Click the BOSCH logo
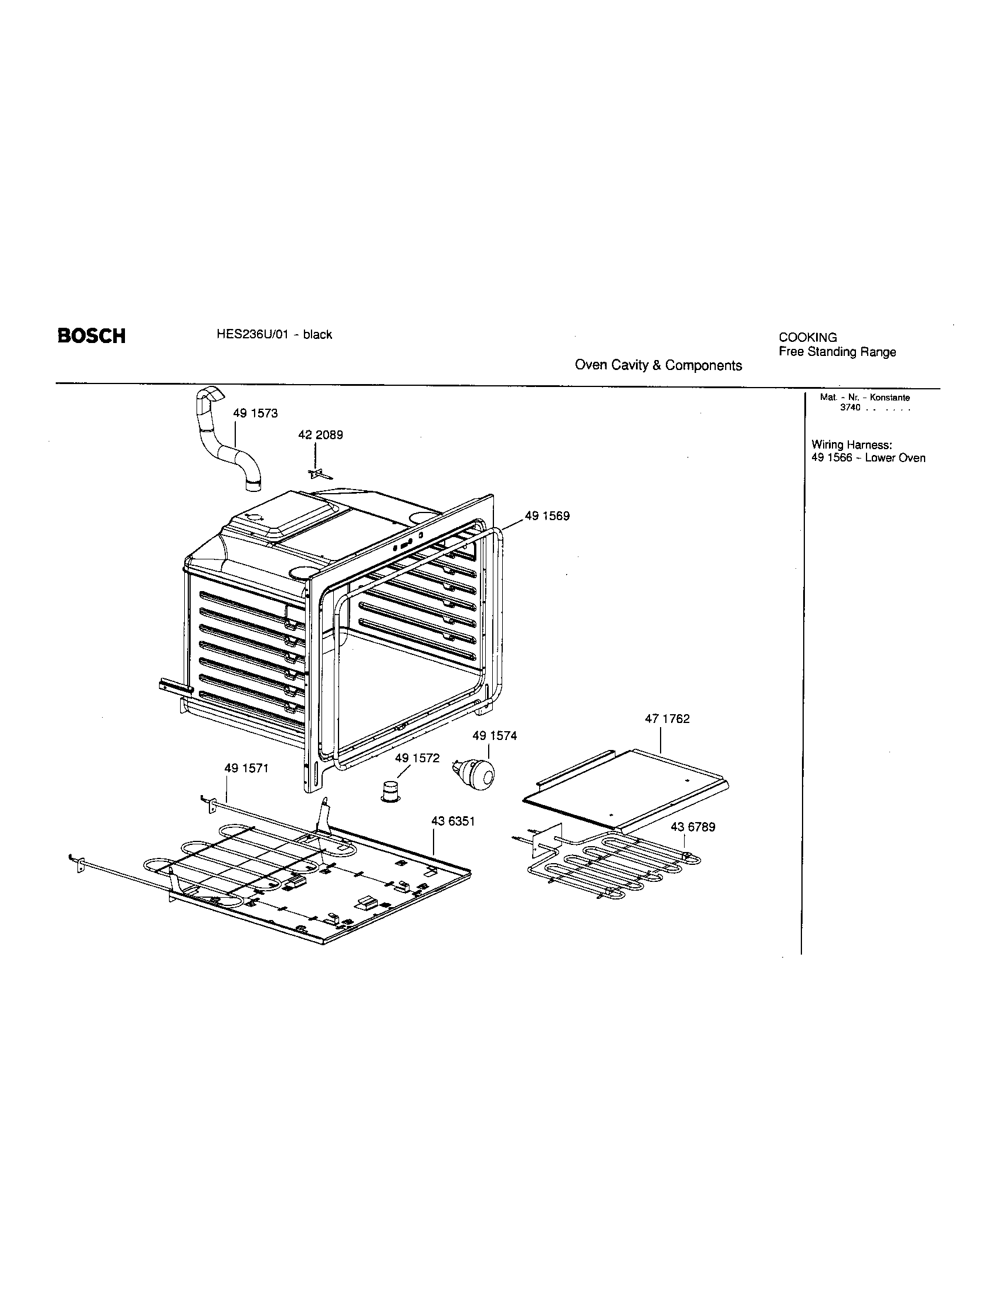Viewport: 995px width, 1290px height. tap(91, 336)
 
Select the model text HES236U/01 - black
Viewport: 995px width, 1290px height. tap(274, 335)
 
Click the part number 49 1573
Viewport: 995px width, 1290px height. tap(255, 413)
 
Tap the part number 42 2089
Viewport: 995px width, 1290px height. tap(320, 435)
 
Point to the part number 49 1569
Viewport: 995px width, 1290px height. tap(547, 516)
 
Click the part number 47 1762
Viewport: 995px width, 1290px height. tap(667, 719)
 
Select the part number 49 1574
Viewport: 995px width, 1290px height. tap(495, 736)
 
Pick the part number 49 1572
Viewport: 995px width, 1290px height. tap(417, 758)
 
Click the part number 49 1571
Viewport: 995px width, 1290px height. tap(246, 769)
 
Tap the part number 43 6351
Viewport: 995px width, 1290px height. tap(453, 821)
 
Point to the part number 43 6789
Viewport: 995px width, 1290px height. tap(692, 827)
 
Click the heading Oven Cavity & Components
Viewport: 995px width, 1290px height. tap(658, 366)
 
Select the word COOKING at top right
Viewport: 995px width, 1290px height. tap(807, 338)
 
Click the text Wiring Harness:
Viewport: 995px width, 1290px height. tap(851, 445)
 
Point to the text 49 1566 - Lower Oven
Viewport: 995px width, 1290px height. tap(868, 459)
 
